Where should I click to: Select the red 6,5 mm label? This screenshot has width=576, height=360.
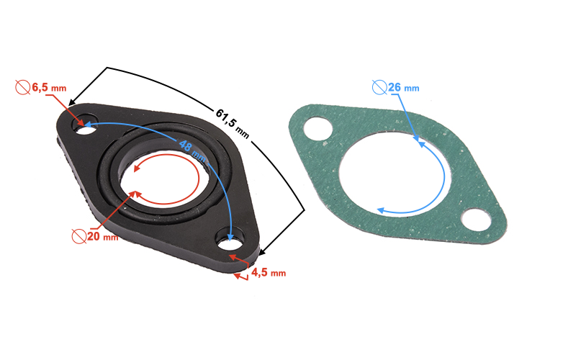click(x=49, y=88)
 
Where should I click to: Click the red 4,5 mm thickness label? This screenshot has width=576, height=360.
click(x=269, y=272)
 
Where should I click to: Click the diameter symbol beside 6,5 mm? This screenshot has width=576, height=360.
click(x=22, y=88)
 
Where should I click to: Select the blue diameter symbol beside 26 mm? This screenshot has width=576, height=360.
click(x=379, y=88)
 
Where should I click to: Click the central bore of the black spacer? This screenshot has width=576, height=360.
click(x=168, y=184)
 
